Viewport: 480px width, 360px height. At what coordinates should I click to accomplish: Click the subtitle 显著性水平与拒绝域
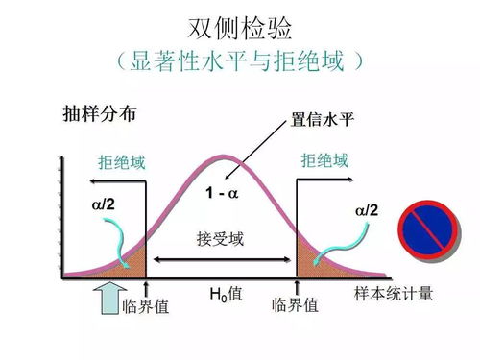pyautogui.click(x=239, y=62)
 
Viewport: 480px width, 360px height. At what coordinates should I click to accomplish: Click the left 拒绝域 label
pyautogui.click(x=122, y=161)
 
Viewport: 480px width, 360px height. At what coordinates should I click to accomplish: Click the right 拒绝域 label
pyautogui.click(x=324, y=161)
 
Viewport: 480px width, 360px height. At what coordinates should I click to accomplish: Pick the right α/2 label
pyautogui.click(x=366, y=210)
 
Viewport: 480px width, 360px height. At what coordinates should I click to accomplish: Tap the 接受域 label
pyautogui.click(x=221, y=238)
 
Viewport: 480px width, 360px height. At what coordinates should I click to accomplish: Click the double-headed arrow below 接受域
pyautogui.click(x=221, y=260)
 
